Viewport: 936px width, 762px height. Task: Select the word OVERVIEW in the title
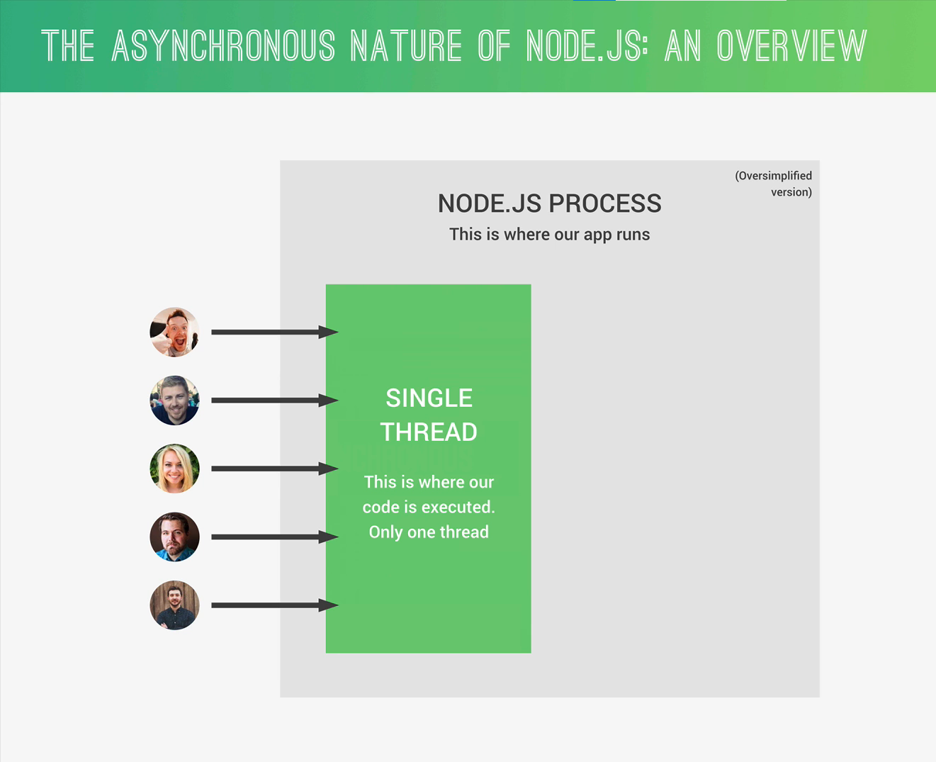pos(792,45)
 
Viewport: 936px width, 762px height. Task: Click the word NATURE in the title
pos(405,45)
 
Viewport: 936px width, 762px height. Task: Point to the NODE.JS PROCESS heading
pos(549,203)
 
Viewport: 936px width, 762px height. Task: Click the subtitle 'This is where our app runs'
pos(549,234)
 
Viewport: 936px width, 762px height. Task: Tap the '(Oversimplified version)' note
pos(774,184)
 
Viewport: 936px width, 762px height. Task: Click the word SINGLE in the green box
pos(429,398)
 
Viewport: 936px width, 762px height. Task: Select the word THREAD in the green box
pos(429,432)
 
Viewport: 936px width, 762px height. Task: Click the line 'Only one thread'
pos(429,532)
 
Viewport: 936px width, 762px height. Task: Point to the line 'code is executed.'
pos(429,507)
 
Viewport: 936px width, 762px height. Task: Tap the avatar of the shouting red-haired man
pos(174,332)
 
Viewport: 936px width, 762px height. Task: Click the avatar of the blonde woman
pos(174,469)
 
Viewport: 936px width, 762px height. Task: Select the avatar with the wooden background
pos(174,605)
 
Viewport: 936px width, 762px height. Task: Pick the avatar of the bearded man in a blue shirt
pos(174,537)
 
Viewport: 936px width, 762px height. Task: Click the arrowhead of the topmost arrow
pos(329,332)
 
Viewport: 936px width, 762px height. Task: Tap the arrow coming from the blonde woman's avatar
pos(275,469)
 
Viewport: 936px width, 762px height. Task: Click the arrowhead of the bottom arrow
pos(329,605)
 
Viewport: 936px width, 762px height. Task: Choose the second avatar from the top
pos(174,400)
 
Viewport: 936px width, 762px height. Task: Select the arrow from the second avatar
pos(275,400)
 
